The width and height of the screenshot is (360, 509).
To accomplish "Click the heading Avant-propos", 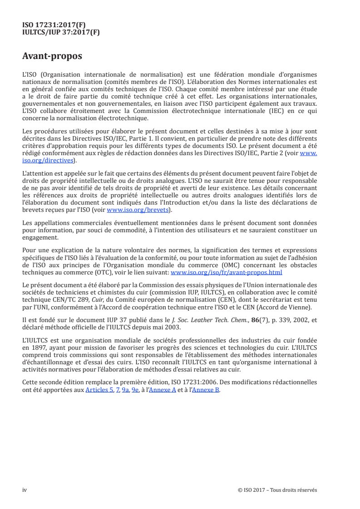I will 52,56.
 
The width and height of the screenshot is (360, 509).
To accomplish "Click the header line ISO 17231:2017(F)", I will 54,25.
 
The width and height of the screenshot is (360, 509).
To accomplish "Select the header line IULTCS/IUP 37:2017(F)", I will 61,32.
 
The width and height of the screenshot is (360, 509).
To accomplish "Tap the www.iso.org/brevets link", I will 138,210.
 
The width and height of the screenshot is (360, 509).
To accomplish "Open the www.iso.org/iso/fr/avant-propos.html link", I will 226,273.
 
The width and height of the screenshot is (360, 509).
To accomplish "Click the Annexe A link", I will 167,390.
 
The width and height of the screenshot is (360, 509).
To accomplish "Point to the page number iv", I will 25,490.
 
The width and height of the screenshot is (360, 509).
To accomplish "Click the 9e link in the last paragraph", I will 135,390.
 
